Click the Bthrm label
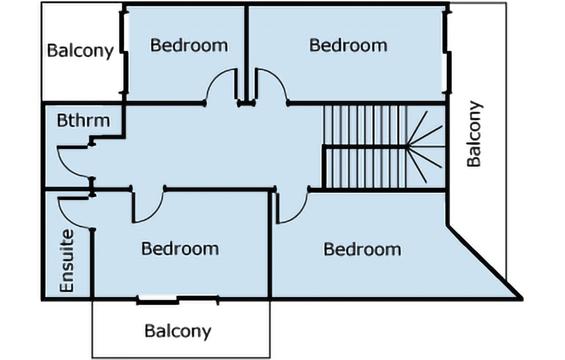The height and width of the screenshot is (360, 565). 83,120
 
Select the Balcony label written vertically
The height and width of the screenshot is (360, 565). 474,134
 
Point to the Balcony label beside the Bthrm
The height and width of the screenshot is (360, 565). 80,51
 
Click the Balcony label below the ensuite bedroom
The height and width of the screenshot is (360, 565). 178,331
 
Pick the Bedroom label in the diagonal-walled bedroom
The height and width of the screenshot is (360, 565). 362,249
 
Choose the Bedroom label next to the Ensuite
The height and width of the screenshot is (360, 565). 180,248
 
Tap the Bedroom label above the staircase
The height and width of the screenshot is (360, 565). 348,45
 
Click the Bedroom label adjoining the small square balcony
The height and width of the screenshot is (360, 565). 189,45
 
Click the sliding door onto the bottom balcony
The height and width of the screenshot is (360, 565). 178,300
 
